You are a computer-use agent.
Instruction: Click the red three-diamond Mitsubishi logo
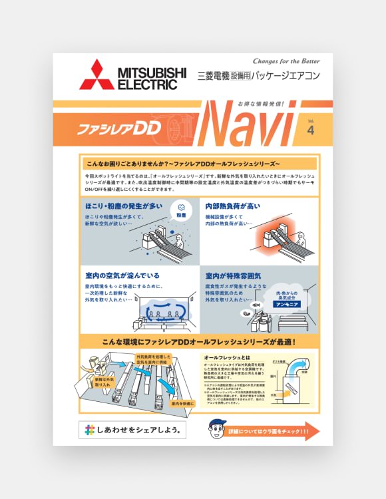point(96,75)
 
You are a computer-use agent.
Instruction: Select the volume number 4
point(310,130)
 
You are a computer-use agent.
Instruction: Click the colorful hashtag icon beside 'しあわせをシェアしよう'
point(88,430)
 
